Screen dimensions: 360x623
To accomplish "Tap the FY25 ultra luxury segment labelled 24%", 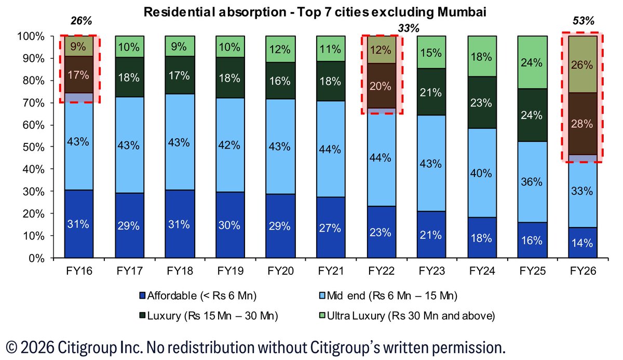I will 532,63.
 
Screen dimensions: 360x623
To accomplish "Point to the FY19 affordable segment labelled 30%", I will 229,225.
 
